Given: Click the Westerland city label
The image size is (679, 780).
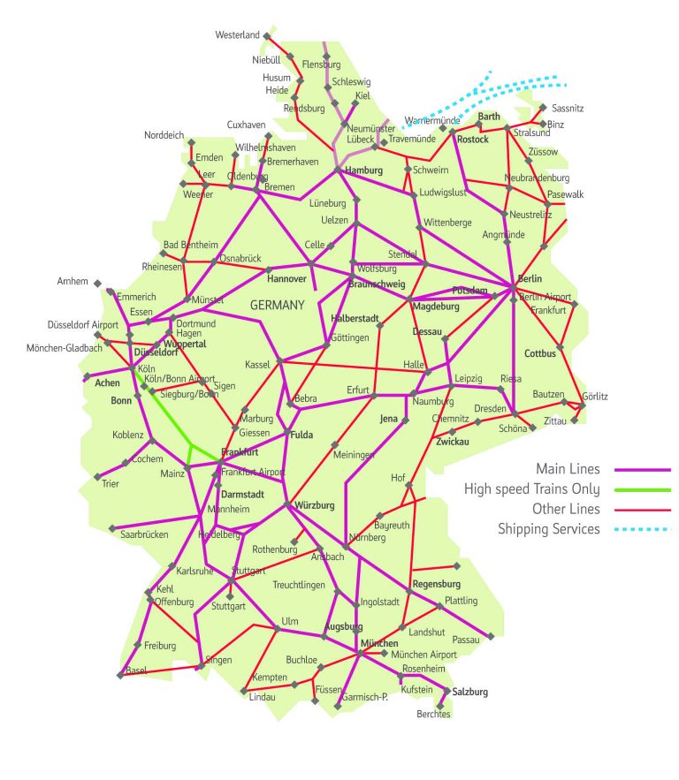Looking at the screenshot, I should coord(238,35).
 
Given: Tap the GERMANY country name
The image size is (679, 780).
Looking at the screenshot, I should coord(277,305).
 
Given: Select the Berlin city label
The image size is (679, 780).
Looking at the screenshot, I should coord(530,279).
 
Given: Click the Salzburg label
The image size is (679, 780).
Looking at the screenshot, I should coord(469,693).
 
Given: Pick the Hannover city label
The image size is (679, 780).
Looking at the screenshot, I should coord(286,279).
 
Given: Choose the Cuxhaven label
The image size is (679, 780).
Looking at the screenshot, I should coord(246,125).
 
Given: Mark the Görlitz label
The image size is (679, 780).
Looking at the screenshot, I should coord(595,397).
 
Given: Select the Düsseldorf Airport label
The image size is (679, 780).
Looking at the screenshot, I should coord(82,325).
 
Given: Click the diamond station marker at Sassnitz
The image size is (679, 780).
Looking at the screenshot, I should coord(543,108).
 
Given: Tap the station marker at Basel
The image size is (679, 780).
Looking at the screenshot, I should coord(120,676).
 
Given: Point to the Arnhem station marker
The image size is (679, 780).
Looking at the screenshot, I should coord(95,283).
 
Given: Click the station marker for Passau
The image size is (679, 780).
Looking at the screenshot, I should coord(491,636).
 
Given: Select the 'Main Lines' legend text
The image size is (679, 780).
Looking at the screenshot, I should coord(567,468).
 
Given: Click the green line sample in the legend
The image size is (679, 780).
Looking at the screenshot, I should coord(643,489).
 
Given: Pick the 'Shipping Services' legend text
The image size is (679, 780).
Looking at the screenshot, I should coord(548,529).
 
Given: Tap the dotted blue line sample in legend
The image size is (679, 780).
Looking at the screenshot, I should coord(643,530).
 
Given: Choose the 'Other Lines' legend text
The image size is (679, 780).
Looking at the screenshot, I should coord(566,509).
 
